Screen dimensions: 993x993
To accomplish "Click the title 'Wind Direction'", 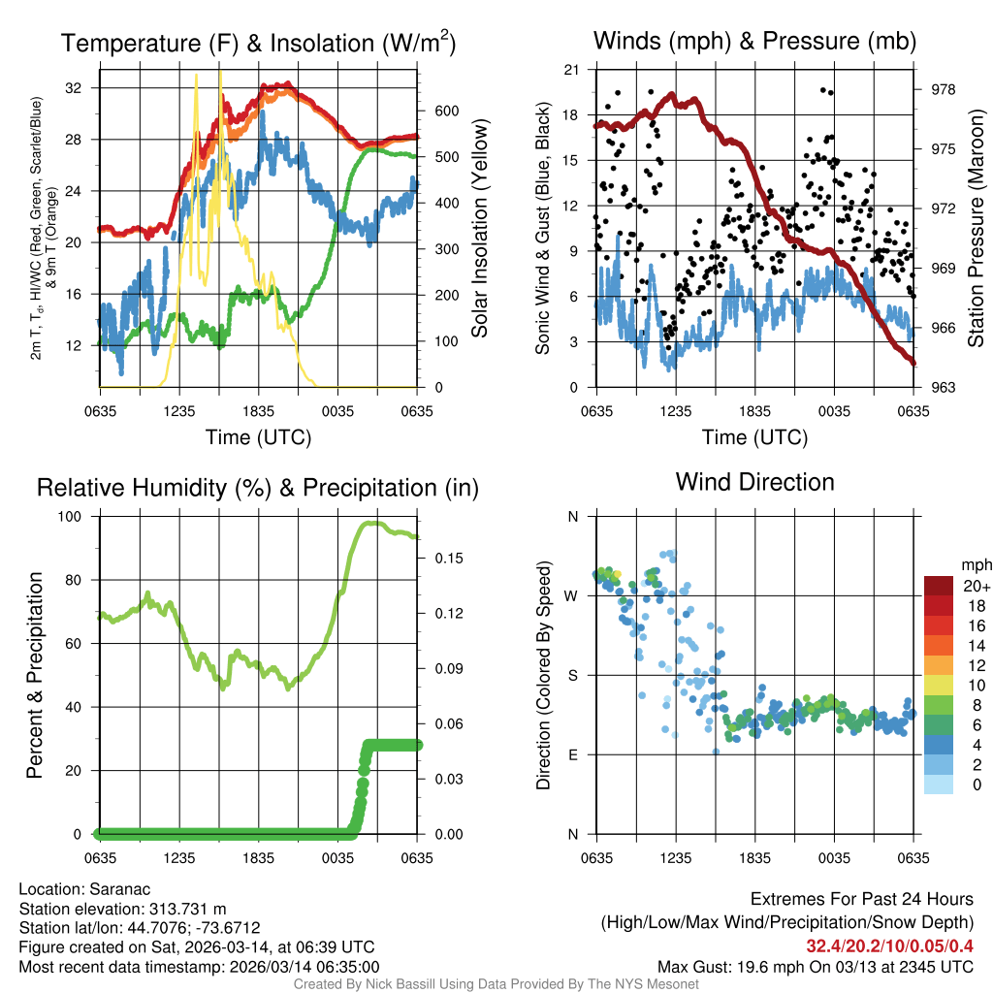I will click(x=754, y=482).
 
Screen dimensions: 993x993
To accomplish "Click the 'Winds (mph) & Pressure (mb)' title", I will click(x=754, y=41).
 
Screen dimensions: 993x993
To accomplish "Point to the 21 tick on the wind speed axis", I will click(x=572, y=69).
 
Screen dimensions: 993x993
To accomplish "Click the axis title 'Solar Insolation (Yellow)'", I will click(x=479, y=228).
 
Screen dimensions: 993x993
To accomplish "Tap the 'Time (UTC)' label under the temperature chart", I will click(x=258, y=437).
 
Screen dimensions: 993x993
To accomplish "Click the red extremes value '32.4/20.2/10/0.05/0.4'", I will click(x=889, y=945).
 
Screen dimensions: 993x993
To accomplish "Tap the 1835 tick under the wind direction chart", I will click(x=754, y=857).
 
